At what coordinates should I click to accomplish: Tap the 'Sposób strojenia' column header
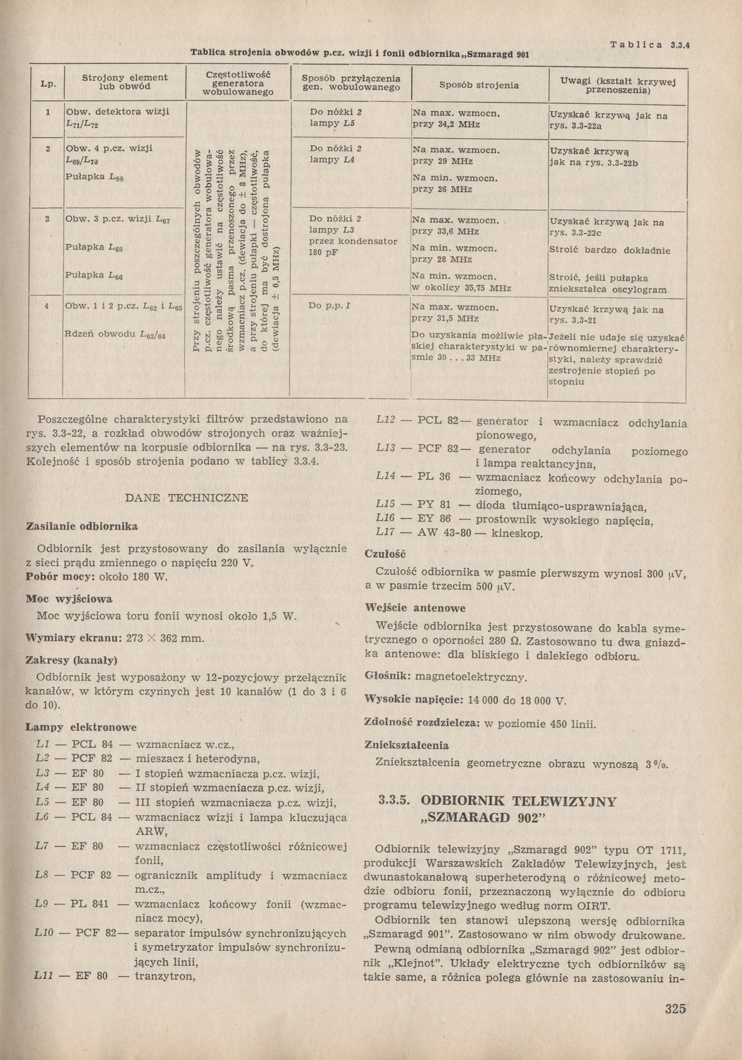tap(479, 85)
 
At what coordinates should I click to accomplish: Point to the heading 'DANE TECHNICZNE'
tap(187, 498)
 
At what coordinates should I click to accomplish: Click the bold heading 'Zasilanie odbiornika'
tap(81, 526)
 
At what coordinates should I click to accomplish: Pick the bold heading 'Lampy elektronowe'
tap(81, 727)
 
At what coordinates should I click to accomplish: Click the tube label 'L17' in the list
tap(385, 534)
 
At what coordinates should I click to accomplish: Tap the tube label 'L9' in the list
tap(42, 904)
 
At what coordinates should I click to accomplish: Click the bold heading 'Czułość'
tap(385, 554)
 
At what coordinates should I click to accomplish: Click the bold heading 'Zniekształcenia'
tap(407, 745)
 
